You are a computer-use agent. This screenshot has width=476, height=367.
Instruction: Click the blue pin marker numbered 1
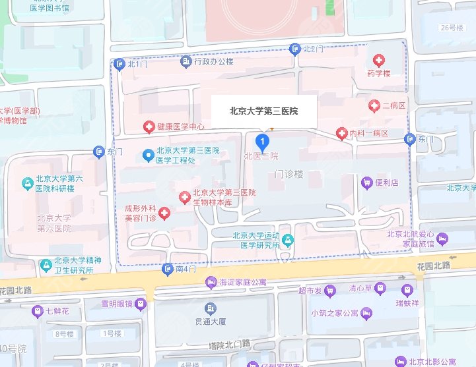[x=262, y=142]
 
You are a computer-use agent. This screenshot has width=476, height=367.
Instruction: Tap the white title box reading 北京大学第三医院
[x=263, y=111]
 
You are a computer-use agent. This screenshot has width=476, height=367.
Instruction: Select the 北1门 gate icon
[x=119, y=64]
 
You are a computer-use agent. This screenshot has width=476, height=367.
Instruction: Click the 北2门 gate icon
[x=294, y=49]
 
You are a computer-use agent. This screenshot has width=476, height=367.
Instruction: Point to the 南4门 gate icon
[x=168, y=269]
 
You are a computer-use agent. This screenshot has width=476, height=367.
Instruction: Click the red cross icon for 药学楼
[x=379, y=60]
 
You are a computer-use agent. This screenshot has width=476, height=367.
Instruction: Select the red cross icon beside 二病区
[x=374, y=105]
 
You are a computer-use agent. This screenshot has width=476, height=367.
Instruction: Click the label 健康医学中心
[x=180, y=126]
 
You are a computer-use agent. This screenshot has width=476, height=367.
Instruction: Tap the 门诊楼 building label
[x=289, y=174]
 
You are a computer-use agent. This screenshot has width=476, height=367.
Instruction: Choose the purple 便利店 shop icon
[x=366, y=182]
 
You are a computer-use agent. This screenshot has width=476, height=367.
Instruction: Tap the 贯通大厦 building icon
[x=210, y=308]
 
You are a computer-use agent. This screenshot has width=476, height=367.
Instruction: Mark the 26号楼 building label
[x=453, y=27]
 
